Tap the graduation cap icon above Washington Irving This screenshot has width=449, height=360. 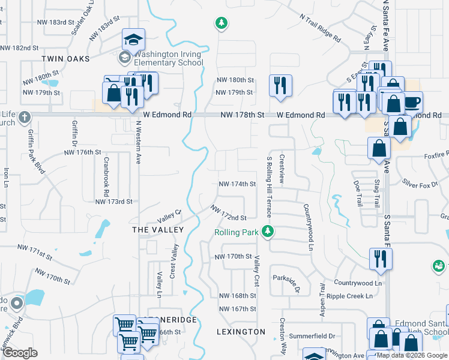click(134, 41)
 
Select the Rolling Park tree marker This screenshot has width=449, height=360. click(271, 232)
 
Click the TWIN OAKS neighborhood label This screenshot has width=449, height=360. click(65, 59)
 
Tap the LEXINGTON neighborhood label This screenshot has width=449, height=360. click(240, 331)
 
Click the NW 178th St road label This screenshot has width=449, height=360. click(243, 115)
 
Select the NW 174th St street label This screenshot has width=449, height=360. click(237, 184)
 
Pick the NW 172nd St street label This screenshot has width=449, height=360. click(228, 213)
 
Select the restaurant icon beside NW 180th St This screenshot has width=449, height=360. click(279, 85)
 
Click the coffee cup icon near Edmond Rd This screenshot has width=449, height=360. click(412, 102)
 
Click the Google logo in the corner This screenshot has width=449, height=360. click(20, 352)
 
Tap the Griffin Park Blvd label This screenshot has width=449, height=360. click(35, 153)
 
